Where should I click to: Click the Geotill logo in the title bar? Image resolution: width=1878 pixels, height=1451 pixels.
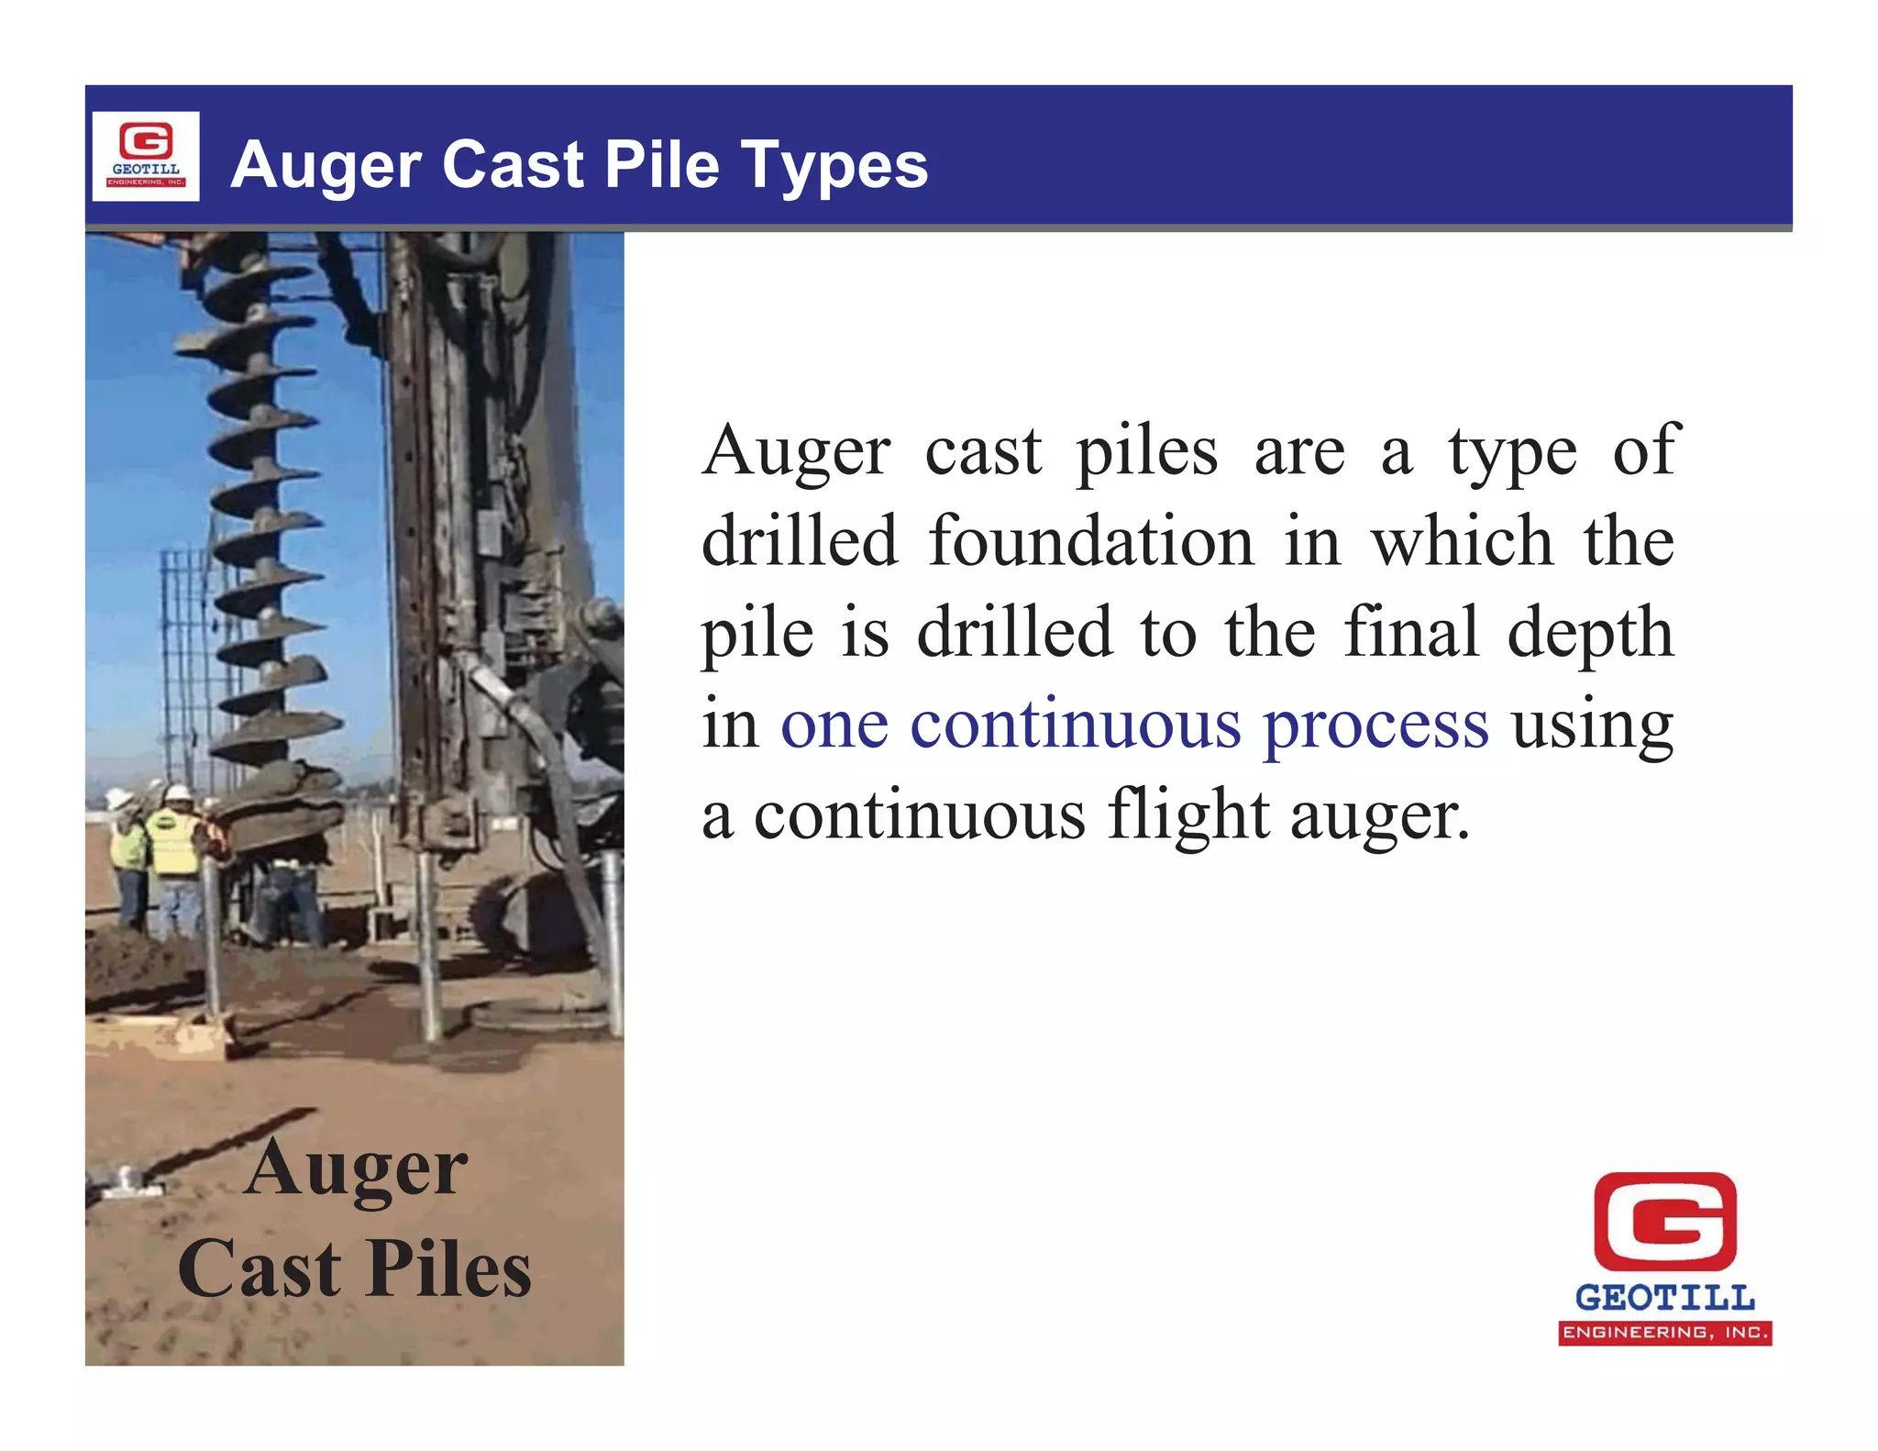[x=146, y=156]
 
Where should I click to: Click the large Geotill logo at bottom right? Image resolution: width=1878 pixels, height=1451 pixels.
[x=1664, y=1257]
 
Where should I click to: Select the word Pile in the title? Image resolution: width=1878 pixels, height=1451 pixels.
[x=662, y=165]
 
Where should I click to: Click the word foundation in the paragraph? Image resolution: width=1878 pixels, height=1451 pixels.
[x=1090, y=541]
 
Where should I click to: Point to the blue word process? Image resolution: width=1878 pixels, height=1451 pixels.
[x=1375, y=725]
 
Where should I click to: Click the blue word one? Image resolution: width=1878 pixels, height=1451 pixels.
[x=834, y=725]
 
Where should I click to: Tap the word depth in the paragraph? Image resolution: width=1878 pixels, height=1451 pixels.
[x=1590, y=634]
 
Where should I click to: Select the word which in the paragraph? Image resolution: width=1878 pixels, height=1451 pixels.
[x=1462, y=541]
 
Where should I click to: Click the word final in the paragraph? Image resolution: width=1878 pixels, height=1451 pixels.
[x=1411, y=632]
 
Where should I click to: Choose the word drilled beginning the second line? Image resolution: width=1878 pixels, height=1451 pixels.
[x=799, y=541]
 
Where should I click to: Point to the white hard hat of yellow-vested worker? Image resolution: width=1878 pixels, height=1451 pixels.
[x=177, y=791]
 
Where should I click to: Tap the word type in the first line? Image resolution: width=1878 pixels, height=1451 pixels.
[x=1512, y=452]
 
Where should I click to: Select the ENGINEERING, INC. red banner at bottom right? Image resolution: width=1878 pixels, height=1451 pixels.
[x=1664, y=1333]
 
